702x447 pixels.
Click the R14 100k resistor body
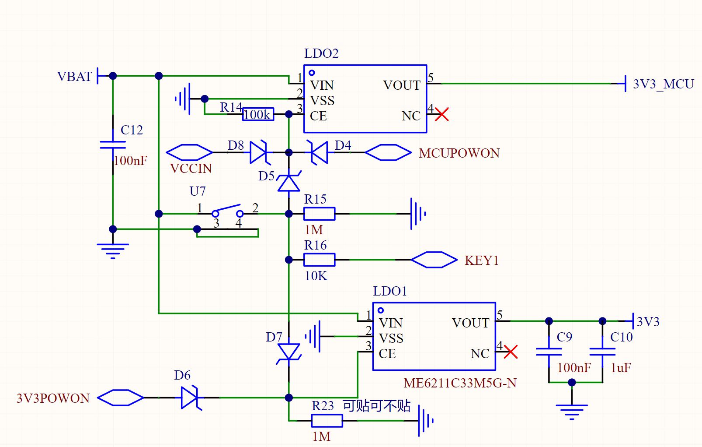pyautogui.click(x=258, y=114)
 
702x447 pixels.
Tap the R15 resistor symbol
pyautogui.click(x=320, y=214)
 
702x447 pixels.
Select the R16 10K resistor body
pyautogui.click(x=320, y=260)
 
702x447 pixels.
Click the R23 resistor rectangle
pyautogui.click(x=327, y=421)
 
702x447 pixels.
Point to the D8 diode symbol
pyautogui.click(x=260, y=152)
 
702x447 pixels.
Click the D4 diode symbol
pyautogui.click(x=318, y=152)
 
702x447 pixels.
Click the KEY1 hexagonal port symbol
pyautogui.click(x=434, y=260)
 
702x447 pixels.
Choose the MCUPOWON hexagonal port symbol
pyautogui.click(x=388, y=152)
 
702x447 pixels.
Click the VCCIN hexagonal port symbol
pyautogui.click(x=189, y=152)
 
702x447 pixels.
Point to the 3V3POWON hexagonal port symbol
pyautogui.click(x=120, y=398)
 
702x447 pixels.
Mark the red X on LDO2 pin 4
pyautogui.click(x=442, y=114)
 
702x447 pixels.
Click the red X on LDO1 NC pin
pyautogui.click(x=511, y=352)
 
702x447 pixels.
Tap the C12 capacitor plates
pyautogui.click(x=113, y=145)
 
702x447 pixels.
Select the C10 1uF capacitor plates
pyautogui.click(x=602, y=352)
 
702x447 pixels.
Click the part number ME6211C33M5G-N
pyautogui.click(x=460, y=383)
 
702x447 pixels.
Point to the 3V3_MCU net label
pyautogui.click(x=664, y=84)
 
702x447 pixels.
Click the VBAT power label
pyautogui.click(x=75, y=76)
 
